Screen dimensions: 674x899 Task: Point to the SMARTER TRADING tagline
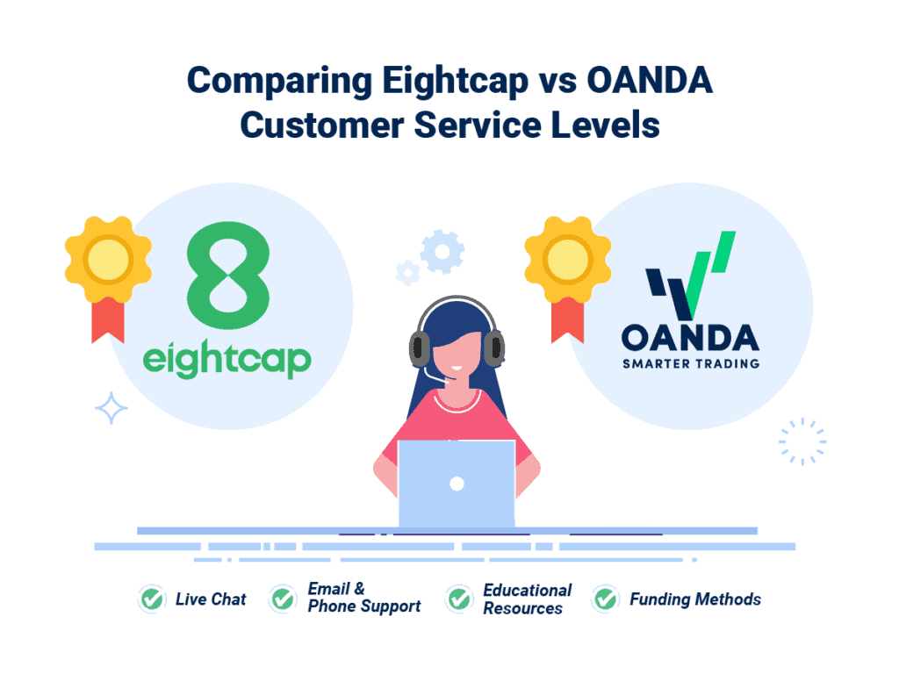coord(689,362)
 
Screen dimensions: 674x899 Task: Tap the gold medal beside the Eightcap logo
coord(108,260)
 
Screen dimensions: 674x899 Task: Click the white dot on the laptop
coord(456,483)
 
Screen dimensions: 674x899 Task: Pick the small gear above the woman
coord(406,272)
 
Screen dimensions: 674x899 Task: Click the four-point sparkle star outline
coord(111,408)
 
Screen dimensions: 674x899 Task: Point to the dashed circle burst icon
coord(802,441)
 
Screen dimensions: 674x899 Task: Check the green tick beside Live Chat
coord(152,599)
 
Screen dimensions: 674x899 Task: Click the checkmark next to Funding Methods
coord(605,599)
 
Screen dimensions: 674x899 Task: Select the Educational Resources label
coord(527,599)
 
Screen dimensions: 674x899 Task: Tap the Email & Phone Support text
coord(363,598)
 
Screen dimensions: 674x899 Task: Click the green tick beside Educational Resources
coord(459,599)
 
